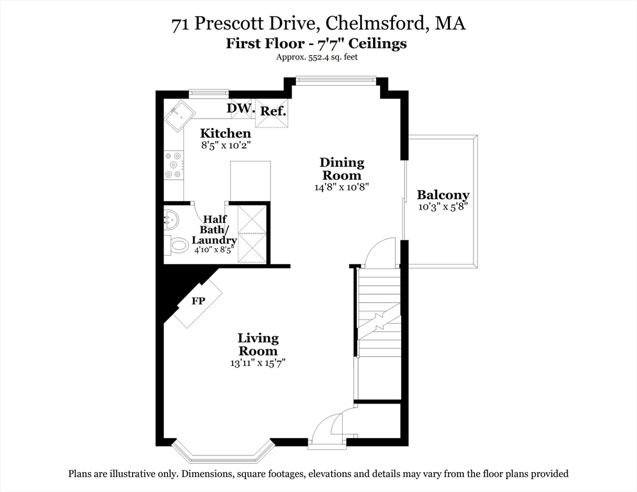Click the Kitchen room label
(x=225, y=133)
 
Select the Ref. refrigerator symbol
(x=272, y=111)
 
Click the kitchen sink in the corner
(x=181, y=116)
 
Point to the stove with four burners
(x=174, y=165)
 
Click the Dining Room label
(x=342, y=169)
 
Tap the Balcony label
(x=443, y=195)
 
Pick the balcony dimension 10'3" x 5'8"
(x=443, y=207)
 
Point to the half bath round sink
(x=171, y=220)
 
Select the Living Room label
(x=258, y=344)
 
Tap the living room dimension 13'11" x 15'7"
(x=258, y=363)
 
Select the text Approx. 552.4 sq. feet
(x=317, y=57)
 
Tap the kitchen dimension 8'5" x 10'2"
(x=225, y=145)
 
